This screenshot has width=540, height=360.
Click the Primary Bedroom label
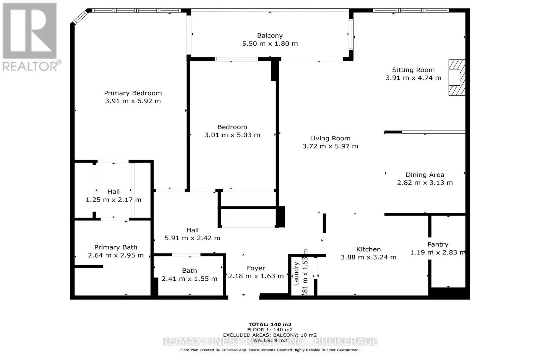coord(133,93)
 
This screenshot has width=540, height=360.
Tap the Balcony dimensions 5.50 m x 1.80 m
coord(270,44)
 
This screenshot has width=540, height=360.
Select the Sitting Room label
coord(413,70)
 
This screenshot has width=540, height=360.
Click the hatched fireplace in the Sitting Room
coord(456,78)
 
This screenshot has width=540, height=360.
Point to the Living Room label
coord(330,138)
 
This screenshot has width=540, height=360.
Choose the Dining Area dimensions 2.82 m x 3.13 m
coord(425,183)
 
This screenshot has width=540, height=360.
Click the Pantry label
coord(438,244)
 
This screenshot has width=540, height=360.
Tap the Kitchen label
coord(368,249)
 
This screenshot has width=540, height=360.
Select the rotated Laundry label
coord(296,274)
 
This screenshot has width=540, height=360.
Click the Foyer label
coord(256,268)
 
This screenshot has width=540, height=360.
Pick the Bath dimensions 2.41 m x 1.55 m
coord(189,279)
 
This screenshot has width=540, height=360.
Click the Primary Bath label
coord(115,247)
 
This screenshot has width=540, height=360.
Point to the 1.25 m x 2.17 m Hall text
coord(113,200)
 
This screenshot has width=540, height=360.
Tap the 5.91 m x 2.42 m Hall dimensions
coord(192,238)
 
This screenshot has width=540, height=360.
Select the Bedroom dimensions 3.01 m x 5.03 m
coord(232,135)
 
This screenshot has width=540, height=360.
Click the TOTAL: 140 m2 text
coord(270,325)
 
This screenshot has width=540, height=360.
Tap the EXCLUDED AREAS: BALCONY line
coord(270,335)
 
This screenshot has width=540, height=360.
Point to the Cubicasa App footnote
coord(270,350)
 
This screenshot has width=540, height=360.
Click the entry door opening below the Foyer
coord(243,297)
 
